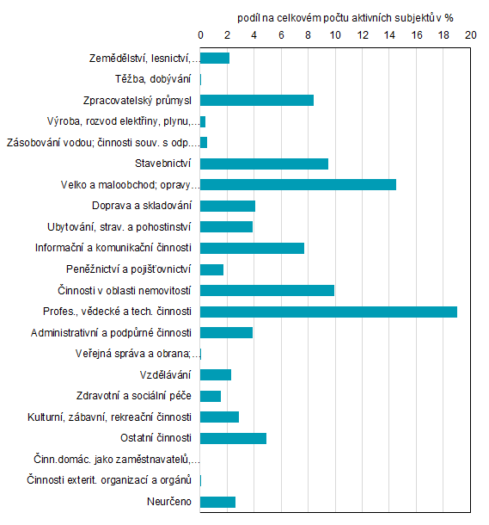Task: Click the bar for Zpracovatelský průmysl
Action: [257, 100]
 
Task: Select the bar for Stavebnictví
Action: [264, 164]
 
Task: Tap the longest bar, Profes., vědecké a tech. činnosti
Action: [328, 312]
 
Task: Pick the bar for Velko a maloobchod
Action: [298, 184]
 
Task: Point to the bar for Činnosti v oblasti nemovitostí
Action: [267, 290]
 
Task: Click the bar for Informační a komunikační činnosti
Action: [252, 248]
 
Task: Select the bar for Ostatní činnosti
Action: [233, 438]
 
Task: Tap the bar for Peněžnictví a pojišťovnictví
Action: [211, 269]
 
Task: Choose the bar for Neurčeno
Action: [217, 502]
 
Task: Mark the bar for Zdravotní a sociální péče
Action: [211, 396]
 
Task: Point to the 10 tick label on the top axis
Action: [335, 35]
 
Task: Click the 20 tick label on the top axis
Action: [470, 35]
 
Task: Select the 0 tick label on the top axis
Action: [200, 35]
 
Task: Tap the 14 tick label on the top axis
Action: [389, 35]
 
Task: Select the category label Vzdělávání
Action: [170, 375]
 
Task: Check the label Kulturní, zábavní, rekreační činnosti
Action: [108, 417]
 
